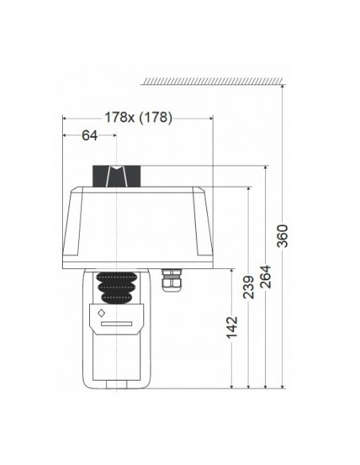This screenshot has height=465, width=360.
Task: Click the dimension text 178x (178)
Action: [x=139, y=116]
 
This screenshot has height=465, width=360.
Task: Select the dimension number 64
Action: [x=89, y=135]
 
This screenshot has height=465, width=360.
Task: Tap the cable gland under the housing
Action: [x=170, y=281]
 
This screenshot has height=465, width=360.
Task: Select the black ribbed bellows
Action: [x=115, y=287]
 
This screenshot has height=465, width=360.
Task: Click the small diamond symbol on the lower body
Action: [x=101, y=313]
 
